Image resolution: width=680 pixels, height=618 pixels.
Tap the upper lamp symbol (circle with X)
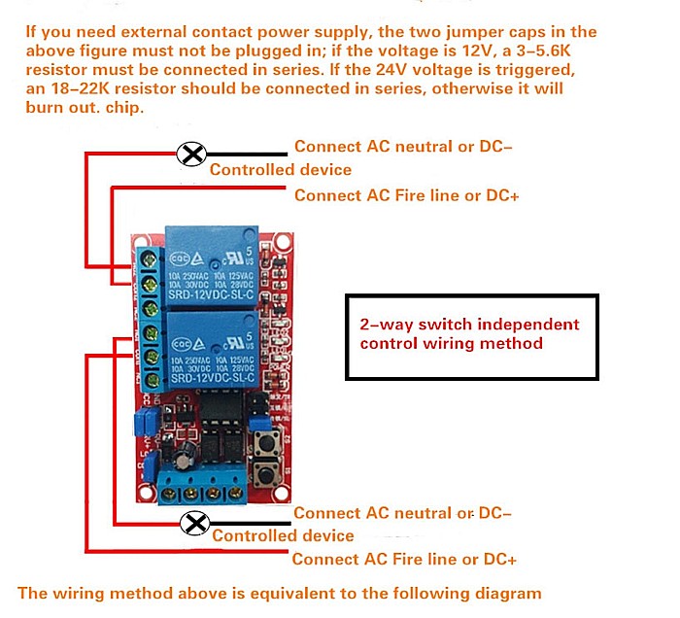pyautogui.click(x=193, y=153)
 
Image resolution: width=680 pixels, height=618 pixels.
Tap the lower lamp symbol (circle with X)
pyautogui.click(x=196, y=524)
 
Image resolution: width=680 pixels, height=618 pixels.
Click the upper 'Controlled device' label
pyautogui.click(x=281, y=170)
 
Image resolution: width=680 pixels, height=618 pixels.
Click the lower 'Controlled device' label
pyautogui.click(x=283, y=536)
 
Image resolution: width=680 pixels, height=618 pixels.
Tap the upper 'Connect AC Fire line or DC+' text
pyautogui.click(x=406, y=195)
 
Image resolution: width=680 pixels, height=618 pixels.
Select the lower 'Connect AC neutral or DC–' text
pyautogui.click(x=402, y=513)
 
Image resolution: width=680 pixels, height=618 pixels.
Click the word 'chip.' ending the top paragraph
pyautogui.click(x=125, y=108)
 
